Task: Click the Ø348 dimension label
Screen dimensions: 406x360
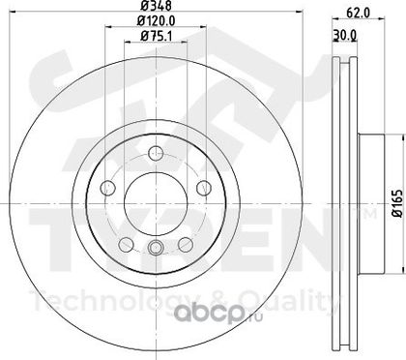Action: [x=157, y=5]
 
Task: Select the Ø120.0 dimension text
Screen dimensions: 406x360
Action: [x=157, y=21]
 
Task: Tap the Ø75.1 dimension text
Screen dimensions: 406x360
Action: [x=156, y=36]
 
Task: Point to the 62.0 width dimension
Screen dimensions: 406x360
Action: [x=358, y=13]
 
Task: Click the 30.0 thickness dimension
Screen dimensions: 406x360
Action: [x=344, y=35]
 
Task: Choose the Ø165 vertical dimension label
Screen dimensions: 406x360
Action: [x=398, y=203]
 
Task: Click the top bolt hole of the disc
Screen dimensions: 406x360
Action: [x=156, y=153]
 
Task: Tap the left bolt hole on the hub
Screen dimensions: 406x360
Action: [x=107, y=188]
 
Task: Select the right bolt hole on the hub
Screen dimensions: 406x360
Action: [x=204, y=188]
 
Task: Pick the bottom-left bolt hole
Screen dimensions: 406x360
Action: [x=126, y=245]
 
